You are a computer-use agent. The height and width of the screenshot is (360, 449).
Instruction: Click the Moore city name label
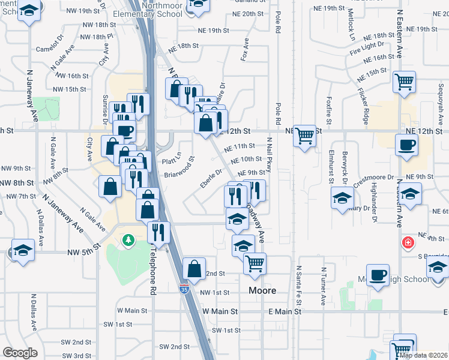263,290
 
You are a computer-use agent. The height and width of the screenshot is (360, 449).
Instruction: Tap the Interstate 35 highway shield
184,289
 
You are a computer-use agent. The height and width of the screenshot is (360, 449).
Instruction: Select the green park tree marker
128,241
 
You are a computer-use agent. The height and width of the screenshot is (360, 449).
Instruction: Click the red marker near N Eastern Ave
408,242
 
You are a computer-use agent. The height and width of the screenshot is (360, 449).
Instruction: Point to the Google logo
20,353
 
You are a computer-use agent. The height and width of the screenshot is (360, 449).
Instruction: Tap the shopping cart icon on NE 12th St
305,136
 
